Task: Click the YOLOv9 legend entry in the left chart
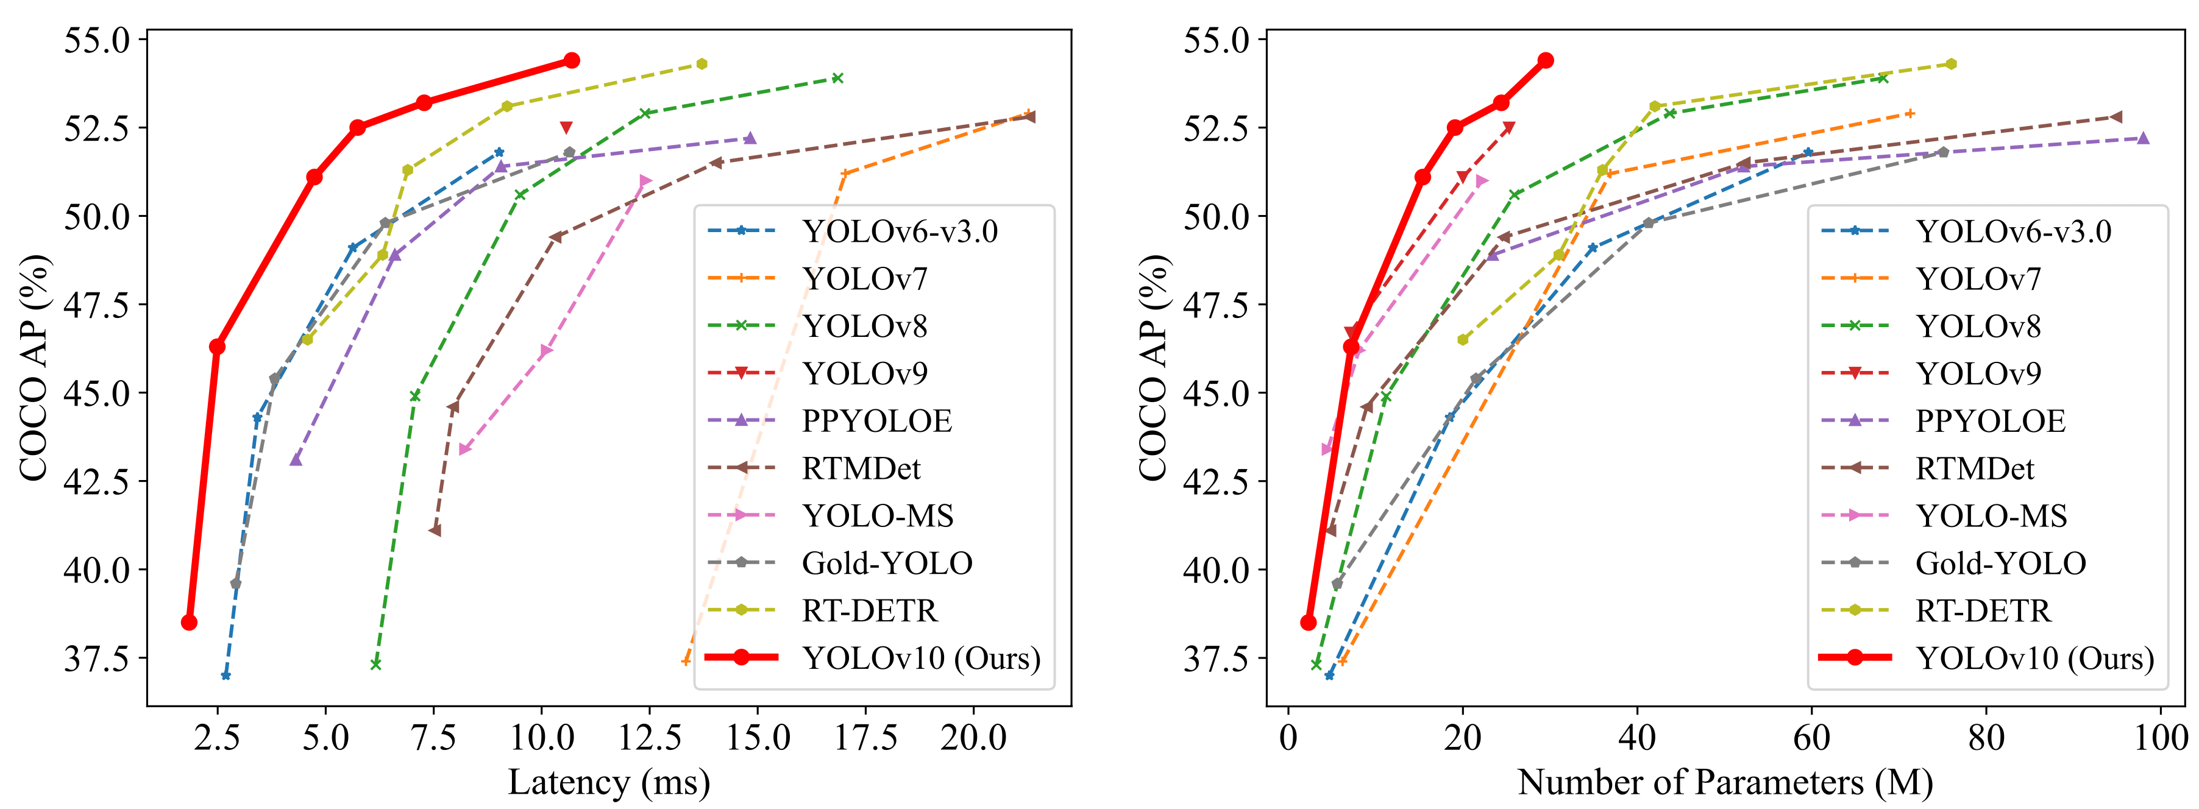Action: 864,374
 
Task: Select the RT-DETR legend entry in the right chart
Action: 1982,611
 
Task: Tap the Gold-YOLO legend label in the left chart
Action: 887,563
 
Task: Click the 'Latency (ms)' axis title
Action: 609,782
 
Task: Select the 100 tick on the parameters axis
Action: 2161,737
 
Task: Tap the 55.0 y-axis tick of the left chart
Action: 96,40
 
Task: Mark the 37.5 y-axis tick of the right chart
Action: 1215,659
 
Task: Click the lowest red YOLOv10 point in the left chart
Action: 190,622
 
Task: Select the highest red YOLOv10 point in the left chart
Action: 572,60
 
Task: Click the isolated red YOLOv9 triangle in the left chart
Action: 566,128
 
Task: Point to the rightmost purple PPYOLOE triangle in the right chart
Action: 2143,138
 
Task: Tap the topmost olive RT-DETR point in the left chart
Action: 702,64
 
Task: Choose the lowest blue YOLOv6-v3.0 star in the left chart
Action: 226,676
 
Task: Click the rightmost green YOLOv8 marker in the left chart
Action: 837,79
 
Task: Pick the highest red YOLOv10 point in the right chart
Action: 1545,60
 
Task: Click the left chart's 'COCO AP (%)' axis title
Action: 34,367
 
